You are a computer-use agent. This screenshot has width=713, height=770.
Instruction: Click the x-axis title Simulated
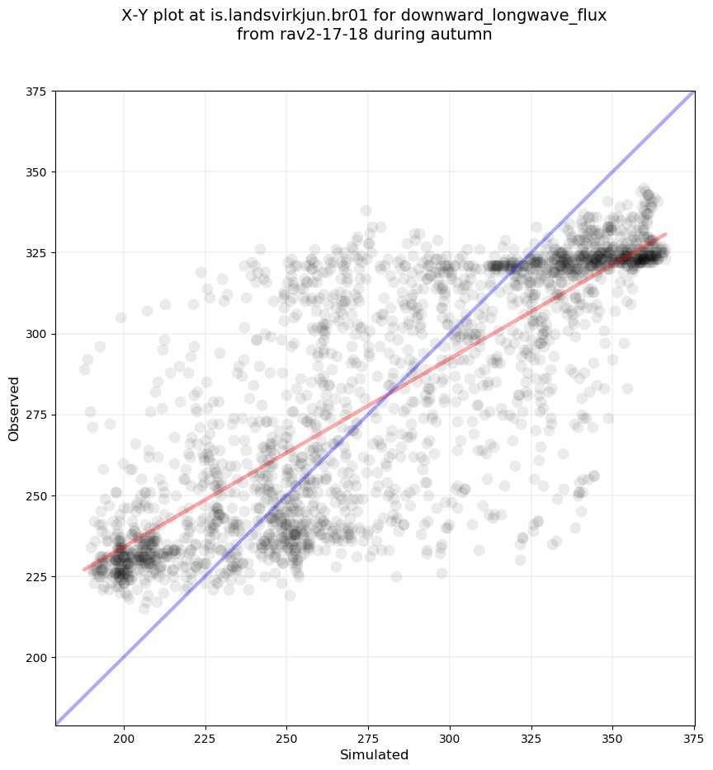(375, 755)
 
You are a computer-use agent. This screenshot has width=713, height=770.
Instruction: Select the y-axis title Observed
(14, 408)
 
